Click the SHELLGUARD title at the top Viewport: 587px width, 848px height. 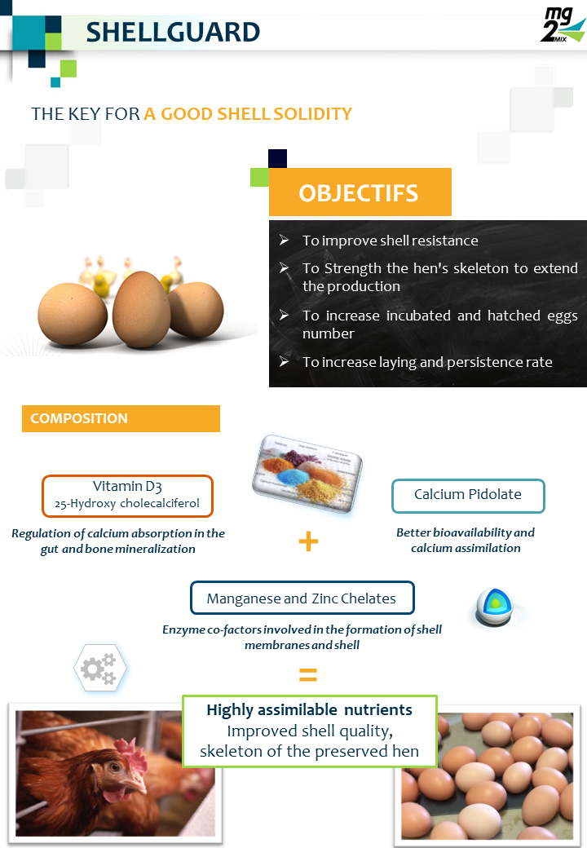coord(173,32)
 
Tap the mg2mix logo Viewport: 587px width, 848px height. coord(563,24)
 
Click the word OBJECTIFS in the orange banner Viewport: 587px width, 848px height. coord(359,193)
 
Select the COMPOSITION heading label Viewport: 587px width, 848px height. coord(79,418)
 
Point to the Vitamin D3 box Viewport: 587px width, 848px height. coord(127,496)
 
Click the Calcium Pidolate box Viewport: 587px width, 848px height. coord(468,496)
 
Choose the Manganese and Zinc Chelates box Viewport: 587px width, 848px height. coord(302,598)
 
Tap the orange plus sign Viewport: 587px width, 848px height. coord(309,541)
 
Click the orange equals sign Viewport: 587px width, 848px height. coord(308,674)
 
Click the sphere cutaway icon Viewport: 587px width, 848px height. coord(494,607)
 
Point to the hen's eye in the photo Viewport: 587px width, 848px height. coord(113,767)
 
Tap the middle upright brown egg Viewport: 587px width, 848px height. coord(142,309)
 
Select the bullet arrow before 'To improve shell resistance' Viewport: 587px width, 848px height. coord(285,240)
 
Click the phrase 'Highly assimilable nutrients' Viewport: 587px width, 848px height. coord(309,709)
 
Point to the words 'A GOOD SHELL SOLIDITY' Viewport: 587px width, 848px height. coord(248,114)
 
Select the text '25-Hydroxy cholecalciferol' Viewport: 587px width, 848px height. coord(127,504)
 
